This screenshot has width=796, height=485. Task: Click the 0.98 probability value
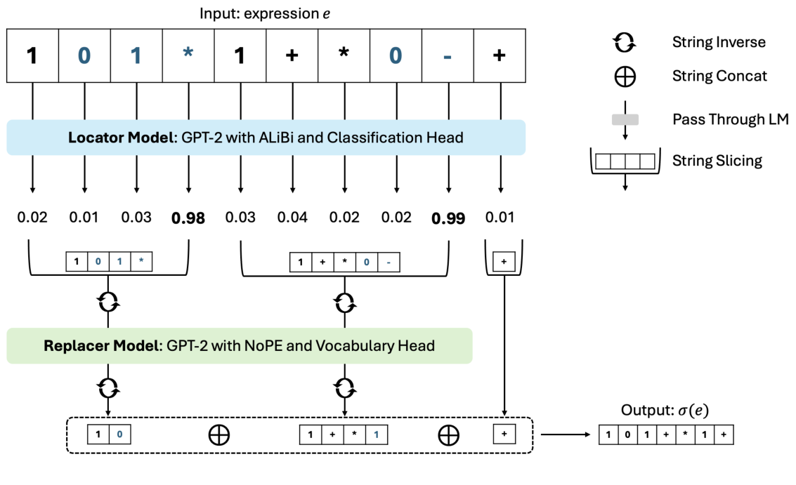click(188, 218)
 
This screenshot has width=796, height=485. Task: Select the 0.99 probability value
click(448, 218)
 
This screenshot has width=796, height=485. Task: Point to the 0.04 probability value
click(292, 218)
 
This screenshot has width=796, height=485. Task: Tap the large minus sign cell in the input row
click(448, 55)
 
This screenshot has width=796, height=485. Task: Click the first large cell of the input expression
click(32, 55)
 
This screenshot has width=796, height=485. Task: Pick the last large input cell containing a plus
click(499, 55)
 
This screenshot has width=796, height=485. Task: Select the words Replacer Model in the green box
click(99, 345)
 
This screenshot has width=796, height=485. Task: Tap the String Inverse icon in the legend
click(624, 43)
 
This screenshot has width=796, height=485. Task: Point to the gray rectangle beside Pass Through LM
click(625, 121)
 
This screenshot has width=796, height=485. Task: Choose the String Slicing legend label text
click(717, 161)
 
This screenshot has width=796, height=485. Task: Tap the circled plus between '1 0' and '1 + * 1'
click(219, 435)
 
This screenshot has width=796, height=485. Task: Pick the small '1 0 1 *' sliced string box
click(109, 262)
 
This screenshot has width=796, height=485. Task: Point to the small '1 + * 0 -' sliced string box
click(343, 262)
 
